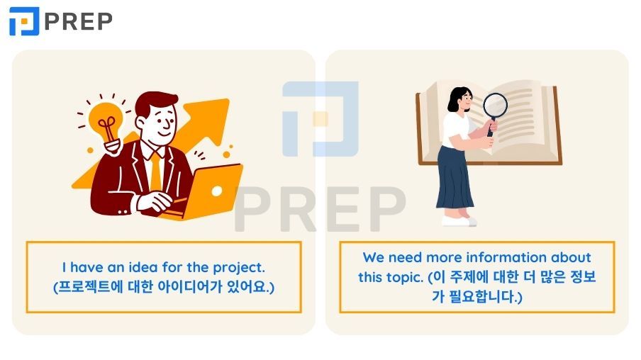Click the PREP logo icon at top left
coord(23,21)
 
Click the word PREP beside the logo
coord(78,21)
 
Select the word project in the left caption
coord(238,268)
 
